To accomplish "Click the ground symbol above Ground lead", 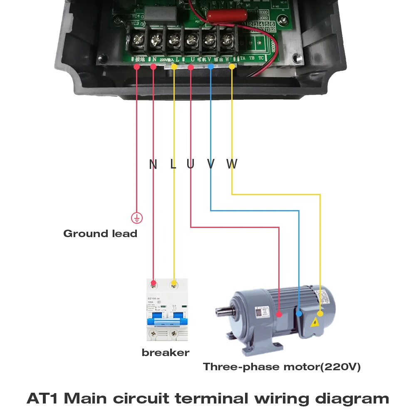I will [137, 217].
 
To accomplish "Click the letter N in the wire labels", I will [153, 164].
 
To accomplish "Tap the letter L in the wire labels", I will [173, 164].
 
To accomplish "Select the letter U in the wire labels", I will [191, 164].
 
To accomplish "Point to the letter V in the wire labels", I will [211, 164].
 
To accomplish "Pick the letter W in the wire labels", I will [232, 164].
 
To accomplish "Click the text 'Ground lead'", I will [100, 233].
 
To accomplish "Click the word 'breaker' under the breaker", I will [165, 353].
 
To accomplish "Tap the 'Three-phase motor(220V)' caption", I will [282, 367].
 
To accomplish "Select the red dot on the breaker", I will [154, 283].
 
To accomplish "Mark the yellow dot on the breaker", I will [173, 283].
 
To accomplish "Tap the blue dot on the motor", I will [299, 314].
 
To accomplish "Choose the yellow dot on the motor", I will [320, 314].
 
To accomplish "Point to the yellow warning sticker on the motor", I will [315, 322].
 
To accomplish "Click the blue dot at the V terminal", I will [211, 67].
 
